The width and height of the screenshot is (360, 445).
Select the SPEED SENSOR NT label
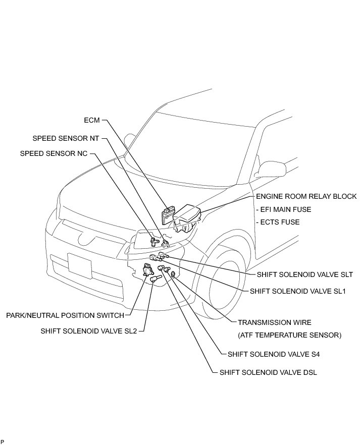66,138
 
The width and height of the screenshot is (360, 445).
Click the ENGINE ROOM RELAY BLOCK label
306,196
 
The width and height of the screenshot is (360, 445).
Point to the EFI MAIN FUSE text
284,209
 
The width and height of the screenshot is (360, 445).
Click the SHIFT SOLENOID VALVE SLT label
304,275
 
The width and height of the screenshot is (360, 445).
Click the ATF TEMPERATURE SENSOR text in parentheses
289,335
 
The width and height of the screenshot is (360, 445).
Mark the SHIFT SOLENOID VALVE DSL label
268,373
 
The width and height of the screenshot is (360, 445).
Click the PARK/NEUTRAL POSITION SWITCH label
65,315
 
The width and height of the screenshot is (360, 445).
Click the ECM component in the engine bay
166,215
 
